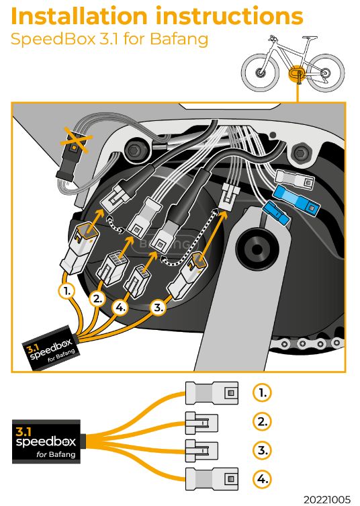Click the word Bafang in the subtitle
(x=179, y=39)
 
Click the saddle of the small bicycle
(x=309, y=38)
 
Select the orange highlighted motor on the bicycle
(x=296, y=73)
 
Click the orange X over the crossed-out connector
(x=76, y=140)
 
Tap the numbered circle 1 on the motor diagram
(x=66, y=291)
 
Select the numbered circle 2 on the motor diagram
(x=97, y=299)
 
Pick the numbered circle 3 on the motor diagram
(x=158, y=307)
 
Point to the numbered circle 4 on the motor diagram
(x=120, y=308)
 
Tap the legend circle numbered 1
(x=262, y=392)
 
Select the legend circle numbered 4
(x=262, y=479)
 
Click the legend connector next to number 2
(x=201, y=423)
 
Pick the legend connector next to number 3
(x=201, y=450)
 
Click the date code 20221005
(x=327, y=500)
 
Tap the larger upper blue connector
(x=296, y=200)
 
